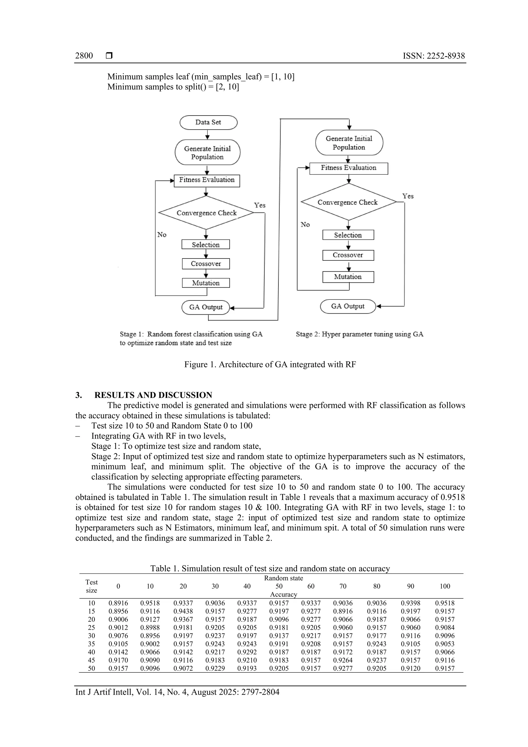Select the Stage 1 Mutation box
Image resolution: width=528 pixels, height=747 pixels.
(206, 283)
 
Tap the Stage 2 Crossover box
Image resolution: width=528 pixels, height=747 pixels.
(348, 255)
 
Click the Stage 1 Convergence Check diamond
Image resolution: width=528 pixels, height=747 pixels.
(206, 213)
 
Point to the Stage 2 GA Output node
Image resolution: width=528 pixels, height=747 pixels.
(348, 306)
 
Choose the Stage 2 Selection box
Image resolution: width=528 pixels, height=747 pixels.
(348, 235)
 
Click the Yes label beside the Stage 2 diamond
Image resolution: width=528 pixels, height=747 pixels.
(408, 196)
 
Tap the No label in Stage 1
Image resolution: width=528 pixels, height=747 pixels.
(162, 234)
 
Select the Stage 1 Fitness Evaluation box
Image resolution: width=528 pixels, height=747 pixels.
(207, 180)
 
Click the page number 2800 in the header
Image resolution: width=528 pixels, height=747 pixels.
(84, 56)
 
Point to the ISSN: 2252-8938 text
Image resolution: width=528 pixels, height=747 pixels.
(434, 56)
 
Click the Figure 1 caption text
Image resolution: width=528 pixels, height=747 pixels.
(270, 364)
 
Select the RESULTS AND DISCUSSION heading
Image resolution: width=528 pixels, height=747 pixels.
(153, 395)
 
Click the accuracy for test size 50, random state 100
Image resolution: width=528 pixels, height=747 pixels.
(444, 668)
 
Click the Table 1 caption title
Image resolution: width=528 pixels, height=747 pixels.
(270, 569)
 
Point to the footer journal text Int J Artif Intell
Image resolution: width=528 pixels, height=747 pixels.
(177, 692)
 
